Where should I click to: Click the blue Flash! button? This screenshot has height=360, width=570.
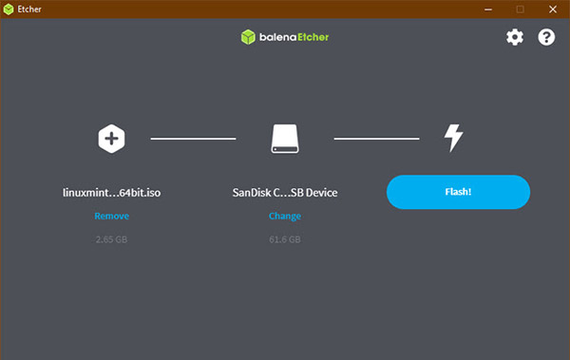458,192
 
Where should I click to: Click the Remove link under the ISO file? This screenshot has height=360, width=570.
111,216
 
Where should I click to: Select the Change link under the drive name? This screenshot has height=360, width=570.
285,217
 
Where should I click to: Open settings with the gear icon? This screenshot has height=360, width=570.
515,37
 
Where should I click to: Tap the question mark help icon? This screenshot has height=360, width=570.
546,37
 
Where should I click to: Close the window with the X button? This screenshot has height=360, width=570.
553,9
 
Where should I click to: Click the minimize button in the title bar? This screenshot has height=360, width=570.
488,9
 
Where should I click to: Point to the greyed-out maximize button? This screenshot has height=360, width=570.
521,9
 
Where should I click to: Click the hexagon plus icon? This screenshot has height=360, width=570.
111,139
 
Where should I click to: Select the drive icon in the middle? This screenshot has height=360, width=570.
285,139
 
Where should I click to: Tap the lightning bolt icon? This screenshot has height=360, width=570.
454,138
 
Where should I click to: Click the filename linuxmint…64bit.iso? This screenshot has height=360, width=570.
111,193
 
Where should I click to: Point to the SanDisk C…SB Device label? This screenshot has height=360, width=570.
285,193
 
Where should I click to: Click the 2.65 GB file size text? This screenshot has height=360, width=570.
111,239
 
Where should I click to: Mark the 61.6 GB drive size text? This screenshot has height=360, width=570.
285,239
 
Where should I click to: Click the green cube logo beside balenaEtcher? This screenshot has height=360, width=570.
248,37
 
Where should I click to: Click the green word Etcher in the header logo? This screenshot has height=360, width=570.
313,37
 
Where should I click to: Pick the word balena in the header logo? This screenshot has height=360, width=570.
278,37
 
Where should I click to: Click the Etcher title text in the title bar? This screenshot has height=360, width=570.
29,9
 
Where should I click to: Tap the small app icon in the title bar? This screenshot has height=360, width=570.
9,9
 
